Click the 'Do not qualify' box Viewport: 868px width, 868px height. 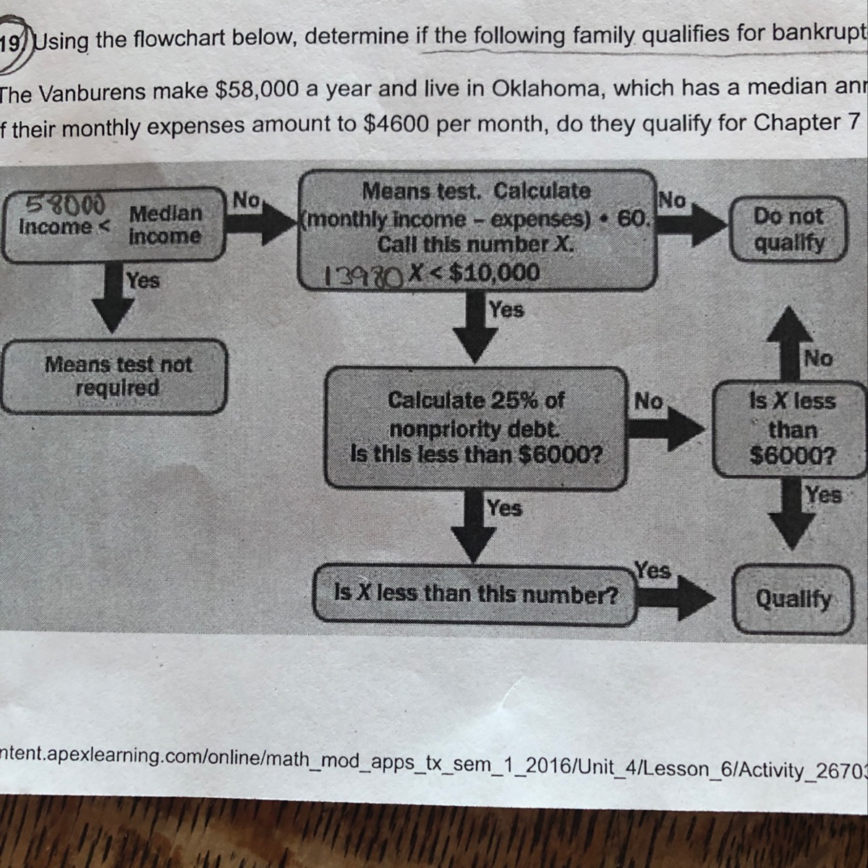[x=788, y=228]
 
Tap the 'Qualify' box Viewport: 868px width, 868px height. [x=793, y=599]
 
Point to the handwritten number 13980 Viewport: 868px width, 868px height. [x=364, y=275]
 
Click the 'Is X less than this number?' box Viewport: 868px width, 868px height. [x=476, y=595]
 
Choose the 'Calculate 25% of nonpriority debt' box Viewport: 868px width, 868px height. [x=476, y=427]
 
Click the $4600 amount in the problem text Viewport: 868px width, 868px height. [x=394, y=124]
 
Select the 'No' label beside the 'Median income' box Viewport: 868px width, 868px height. [x=246, y=200]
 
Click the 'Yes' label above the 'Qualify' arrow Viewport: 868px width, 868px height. [x=652, y=570]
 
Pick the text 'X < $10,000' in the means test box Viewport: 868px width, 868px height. [x=473, y=273]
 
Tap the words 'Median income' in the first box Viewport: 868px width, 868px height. [x=165, y=224]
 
